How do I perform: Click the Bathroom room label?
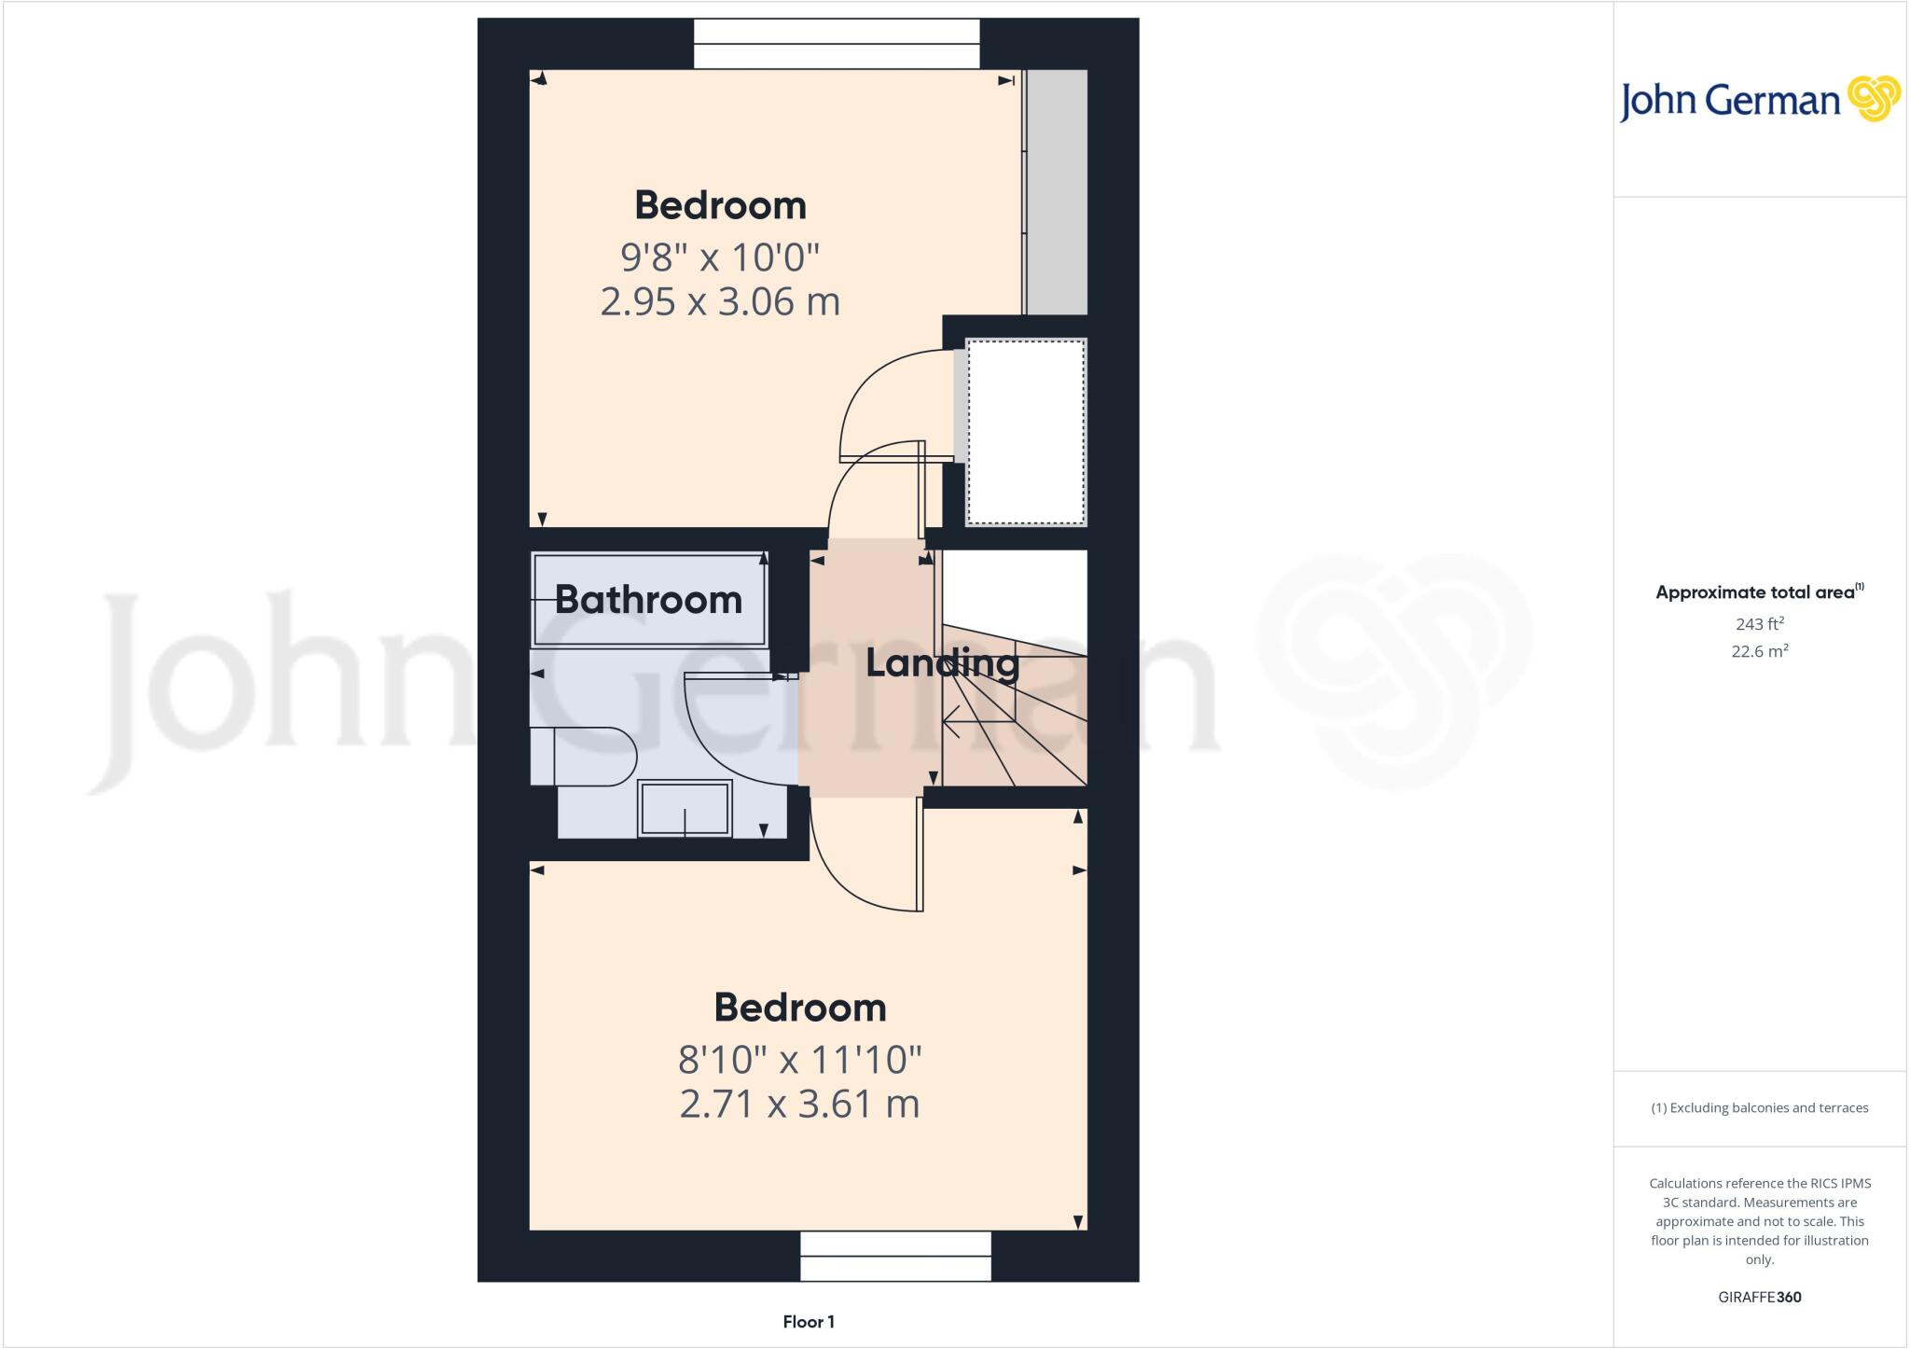(648, 600)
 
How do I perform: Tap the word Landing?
(942, 663)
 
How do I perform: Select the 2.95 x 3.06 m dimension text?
(720, 302)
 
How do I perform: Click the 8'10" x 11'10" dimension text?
(799, 1060)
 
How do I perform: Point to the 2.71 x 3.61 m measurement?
(799, 1105)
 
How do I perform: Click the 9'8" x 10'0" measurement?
(720, 256)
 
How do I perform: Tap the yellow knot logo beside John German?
(1874, 99)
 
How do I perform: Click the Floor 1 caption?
(809, 1322)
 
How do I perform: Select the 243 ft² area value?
(1760, 624)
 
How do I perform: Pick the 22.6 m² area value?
(1760, 651)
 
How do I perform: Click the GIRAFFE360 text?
(1760, 1297)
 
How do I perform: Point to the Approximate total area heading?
(1758, 592)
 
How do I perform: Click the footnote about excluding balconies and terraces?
(1760, 1108)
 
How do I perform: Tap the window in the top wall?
(837, 44)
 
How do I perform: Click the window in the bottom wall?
(895, 1256)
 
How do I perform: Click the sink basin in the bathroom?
(685, 808)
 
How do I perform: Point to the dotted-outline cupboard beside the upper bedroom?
(1026, 432)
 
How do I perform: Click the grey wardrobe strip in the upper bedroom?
(1056, 192)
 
